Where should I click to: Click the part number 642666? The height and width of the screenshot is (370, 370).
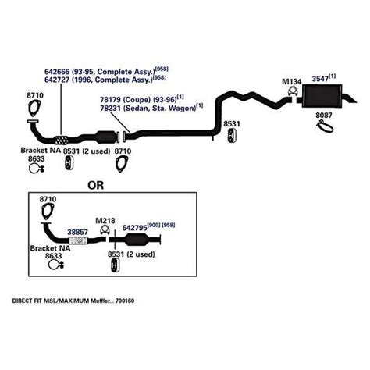pyautogui.click(x=57, y=72)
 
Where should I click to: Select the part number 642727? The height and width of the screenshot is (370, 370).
pyautogui.click(x=57, y=80)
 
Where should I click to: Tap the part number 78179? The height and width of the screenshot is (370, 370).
pyautogui.click(x=111, y=100)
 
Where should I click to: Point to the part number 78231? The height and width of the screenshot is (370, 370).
pyautogui.click(x=111, y=108)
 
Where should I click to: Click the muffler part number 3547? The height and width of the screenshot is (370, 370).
pyautogui.click(x=320, y=79)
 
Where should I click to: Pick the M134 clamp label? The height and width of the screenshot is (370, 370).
pyautogui.click(x=292, y=82)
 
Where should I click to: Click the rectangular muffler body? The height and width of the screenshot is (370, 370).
pyautogui.click(x=322, y=96)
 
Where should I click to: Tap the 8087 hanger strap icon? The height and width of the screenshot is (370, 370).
pyautogui.click(x=325, y=126)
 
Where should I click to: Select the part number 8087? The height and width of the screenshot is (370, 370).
pyautogui.click(x=324, y=115)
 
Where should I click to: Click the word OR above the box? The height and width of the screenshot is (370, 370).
pyautogui.click(x=95, y=185)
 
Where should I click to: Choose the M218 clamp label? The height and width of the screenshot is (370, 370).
pyautogui.click(x=105, y=221)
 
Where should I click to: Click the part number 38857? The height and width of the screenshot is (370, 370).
pyautogui.click(x=77, y=232)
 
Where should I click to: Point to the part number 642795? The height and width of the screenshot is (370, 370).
pyautogui.click(x=134, y=228)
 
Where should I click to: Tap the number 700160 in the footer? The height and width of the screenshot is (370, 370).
pyautogui.click(x=125, y=301)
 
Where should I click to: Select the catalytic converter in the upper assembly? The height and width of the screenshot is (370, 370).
pyautogui.click(x=106, y=137)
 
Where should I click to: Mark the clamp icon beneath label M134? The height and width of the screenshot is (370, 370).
pyautogui.click(x=293, y=92)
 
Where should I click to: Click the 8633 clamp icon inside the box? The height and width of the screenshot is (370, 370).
pyautogui.click(x=56, y=265)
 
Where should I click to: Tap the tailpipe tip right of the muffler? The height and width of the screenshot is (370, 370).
pyautogui.click(x=350, y=98)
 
